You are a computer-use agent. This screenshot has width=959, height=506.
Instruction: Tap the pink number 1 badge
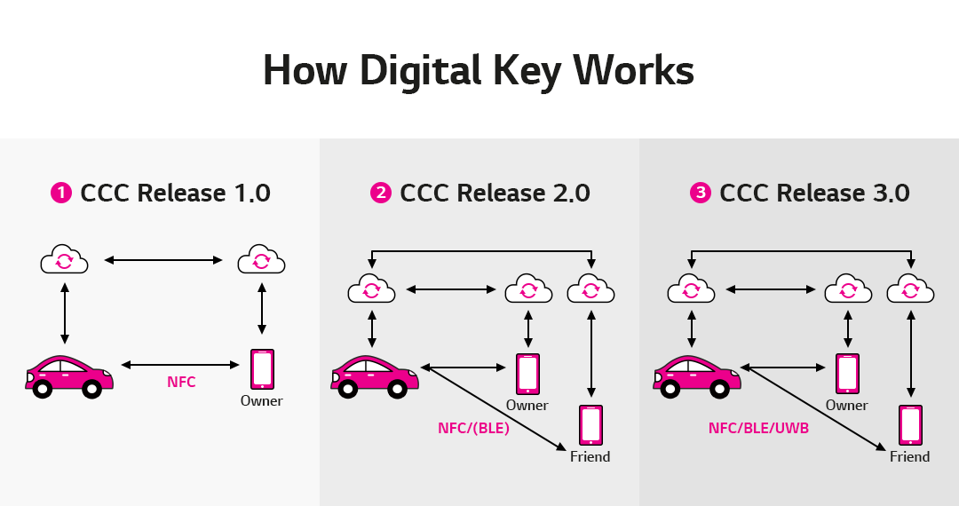tap(61, 193)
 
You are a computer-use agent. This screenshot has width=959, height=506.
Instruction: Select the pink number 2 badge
tap(381, 193)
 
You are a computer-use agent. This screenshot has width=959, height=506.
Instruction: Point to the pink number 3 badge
tap(701, 193)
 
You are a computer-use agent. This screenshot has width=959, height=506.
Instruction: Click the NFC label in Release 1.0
tap(181, 383)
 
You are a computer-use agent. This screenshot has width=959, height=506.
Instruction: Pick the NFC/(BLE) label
tap(473, 427)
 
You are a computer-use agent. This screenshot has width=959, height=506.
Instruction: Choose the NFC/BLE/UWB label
tap(758, 427)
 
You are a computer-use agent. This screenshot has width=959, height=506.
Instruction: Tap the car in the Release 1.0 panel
tap(69, 376)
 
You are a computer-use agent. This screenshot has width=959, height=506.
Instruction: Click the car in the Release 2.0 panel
tap(375, 376)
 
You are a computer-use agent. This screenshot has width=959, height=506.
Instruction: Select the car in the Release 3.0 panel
tap(697, 376)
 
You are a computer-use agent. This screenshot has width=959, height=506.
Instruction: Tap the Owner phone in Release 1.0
tap(262, 368)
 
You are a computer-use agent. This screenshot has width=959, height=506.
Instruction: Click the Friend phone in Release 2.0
tap(590, 425)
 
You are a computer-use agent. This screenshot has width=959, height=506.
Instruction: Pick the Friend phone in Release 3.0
tap(910, 425)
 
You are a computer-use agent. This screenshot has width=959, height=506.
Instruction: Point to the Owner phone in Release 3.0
tap(848, 374)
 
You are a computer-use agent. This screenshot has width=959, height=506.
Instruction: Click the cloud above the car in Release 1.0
tap(65, 260)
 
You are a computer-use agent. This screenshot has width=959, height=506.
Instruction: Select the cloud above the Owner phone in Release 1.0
tap(261, 260)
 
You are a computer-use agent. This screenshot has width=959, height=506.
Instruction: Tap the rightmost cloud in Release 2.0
tap(590, 289)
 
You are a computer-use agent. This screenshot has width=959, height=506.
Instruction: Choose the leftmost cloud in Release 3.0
tap(691, 289)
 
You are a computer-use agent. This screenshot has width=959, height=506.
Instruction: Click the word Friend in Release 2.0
tap(590, 457)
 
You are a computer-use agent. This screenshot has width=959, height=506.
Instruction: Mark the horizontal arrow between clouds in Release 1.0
tap(163, 260)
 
